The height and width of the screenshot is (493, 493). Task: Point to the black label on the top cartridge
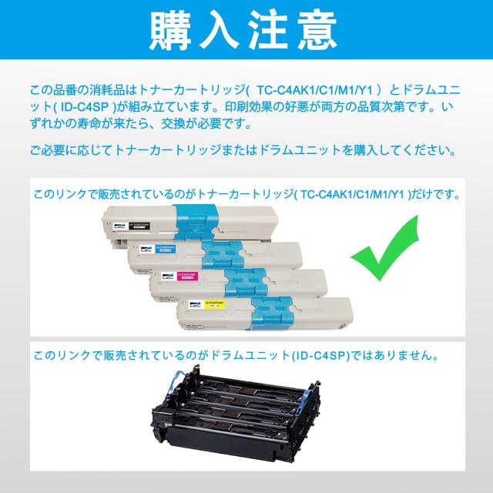pos(139,225)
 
